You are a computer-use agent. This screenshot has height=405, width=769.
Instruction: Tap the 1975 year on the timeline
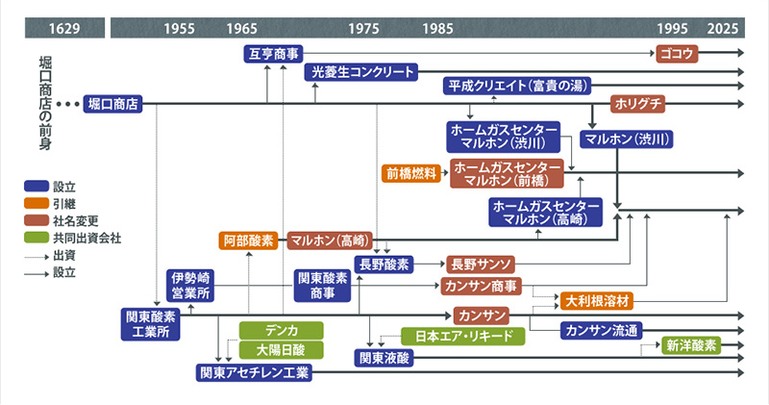(364, 28)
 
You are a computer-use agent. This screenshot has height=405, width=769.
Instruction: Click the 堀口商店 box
(112, 103)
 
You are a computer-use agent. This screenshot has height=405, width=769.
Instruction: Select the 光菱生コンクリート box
(361, 72)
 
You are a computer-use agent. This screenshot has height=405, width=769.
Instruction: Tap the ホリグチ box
(637, 103)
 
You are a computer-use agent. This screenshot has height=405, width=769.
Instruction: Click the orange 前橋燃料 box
(411, 174)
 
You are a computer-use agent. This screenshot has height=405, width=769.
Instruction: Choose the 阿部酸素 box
(249, 240)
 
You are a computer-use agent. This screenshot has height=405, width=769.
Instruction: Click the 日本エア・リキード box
(463, 337)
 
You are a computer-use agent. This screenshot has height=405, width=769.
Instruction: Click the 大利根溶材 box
(599, 300)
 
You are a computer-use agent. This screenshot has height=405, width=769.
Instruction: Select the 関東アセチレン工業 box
(255, 371)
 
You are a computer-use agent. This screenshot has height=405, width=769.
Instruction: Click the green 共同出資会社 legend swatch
(37, 236)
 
